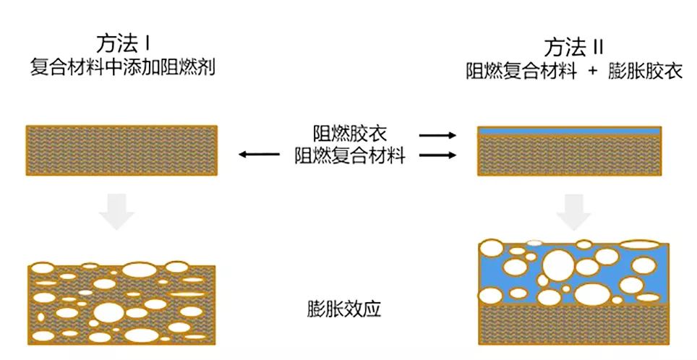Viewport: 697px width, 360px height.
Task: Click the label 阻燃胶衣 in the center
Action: point(349,134)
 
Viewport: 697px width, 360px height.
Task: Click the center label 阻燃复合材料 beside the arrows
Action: point(349,155)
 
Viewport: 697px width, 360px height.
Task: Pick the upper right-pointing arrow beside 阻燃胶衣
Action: point(438,135)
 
